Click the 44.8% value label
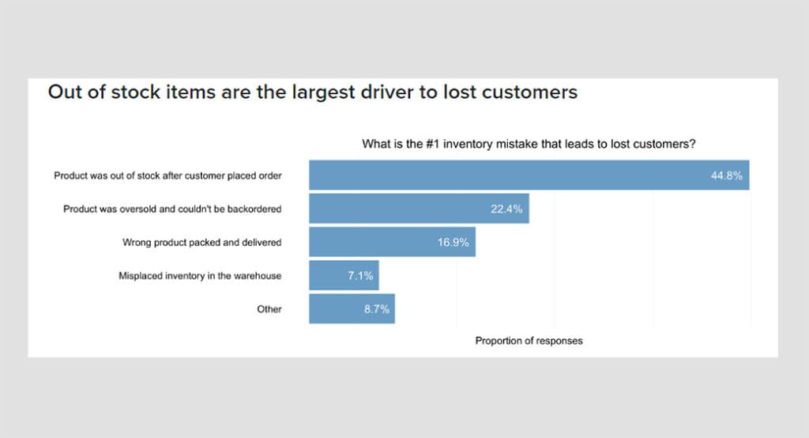point(726,176)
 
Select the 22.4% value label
point(507,209)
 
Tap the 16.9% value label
point(453,242)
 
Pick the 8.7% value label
point(376,309)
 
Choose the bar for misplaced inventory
point(328,276)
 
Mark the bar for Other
point(336,309)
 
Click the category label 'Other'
point(269,309)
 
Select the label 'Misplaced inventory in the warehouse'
point(200,276)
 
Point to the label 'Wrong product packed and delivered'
point(201,242)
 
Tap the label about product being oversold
point(172,209)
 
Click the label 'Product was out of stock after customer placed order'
point(167,176)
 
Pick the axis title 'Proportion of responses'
point(529,341)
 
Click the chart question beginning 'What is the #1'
point(529,144)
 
